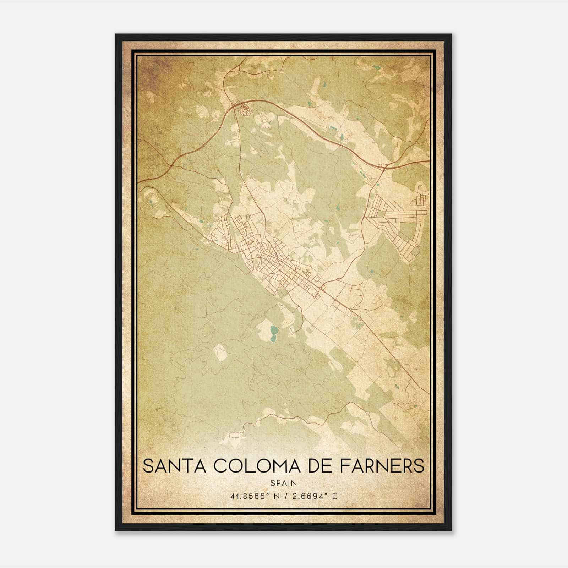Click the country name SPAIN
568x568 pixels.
coord(284,483)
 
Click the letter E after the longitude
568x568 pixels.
coord(334,496)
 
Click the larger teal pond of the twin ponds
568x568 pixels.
coord(274,331)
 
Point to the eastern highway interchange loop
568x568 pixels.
coord(384,166)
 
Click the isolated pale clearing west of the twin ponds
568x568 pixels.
coord(221,352)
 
